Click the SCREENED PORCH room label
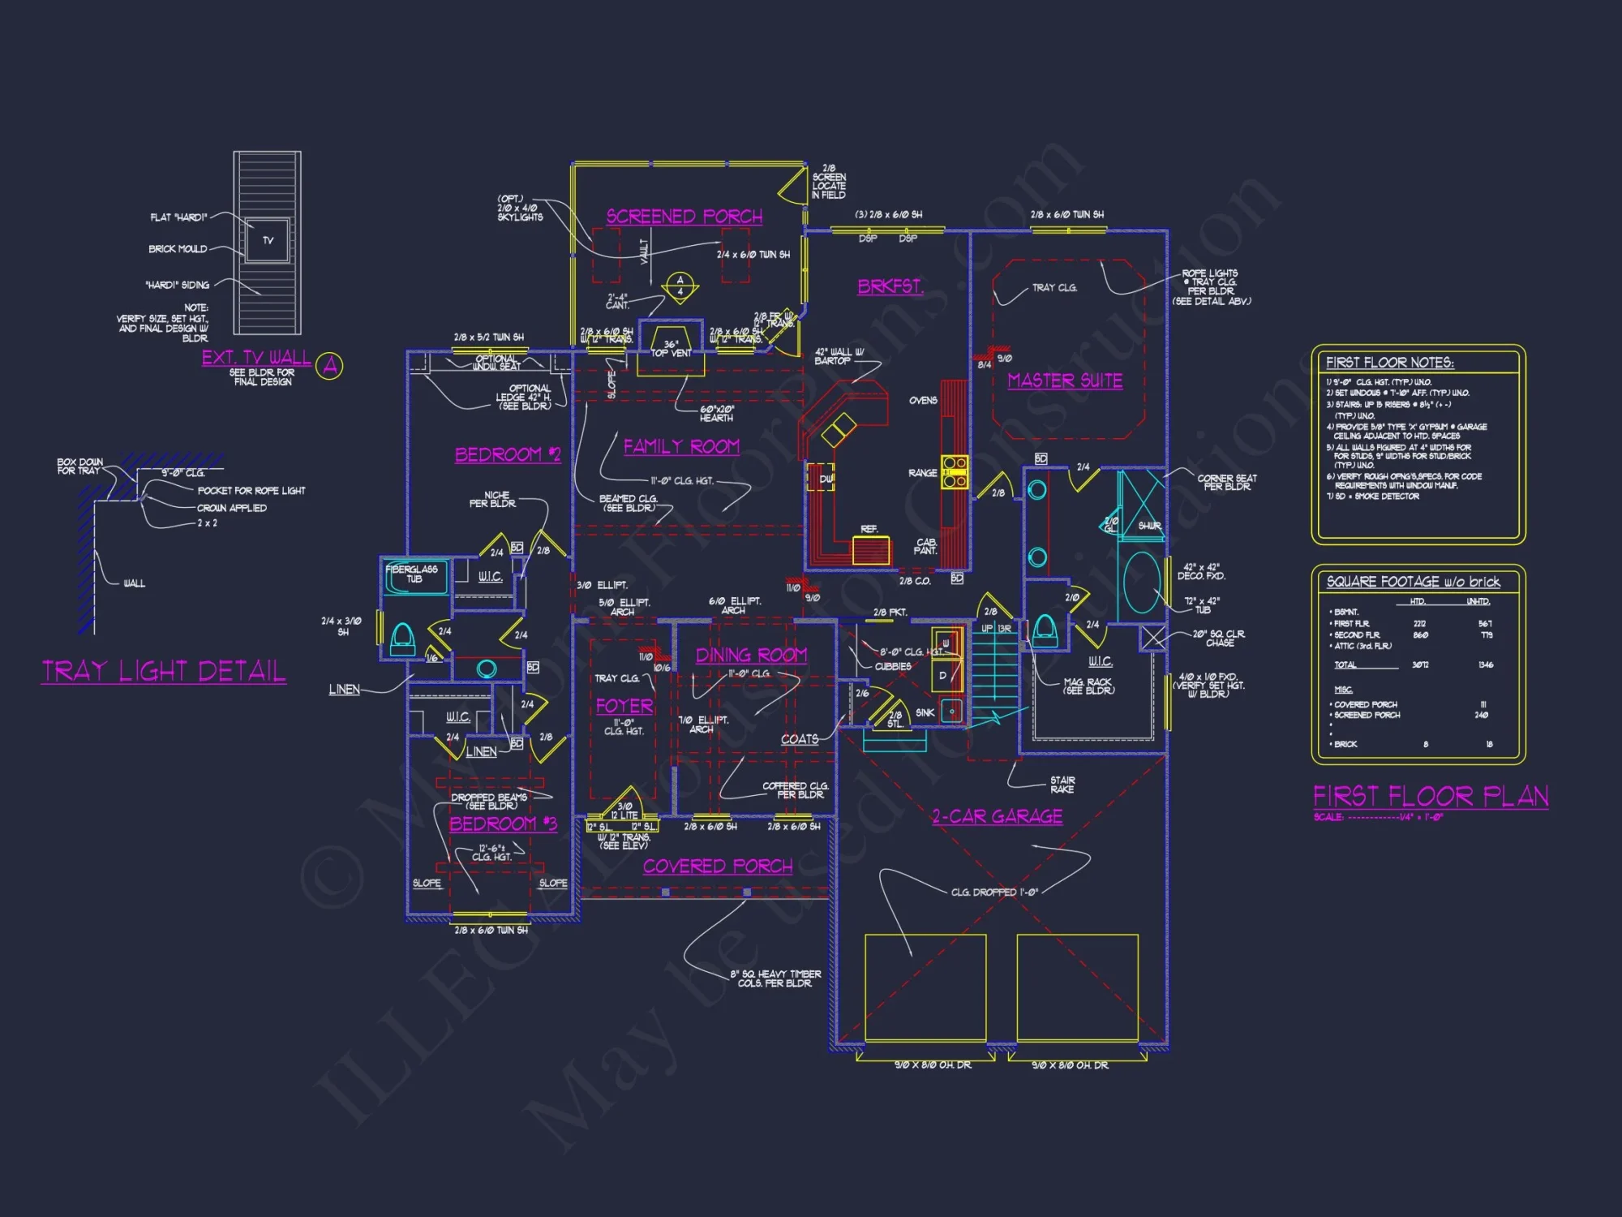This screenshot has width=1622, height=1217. point(684,217)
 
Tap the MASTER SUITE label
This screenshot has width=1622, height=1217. point(1065,381)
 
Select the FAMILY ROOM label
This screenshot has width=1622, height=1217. point(681,446)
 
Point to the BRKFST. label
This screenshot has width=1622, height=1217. point(890,286)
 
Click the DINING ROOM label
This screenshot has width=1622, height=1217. point(751,655)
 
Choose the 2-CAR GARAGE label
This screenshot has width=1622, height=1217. point(997,816)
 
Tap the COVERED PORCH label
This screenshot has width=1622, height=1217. point(718,867)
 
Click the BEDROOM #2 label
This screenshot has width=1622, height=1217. point(508,454)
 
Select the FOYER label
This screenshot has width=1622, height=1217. point(624,706)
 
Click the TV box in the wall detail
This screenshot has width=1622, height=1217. point(268,240)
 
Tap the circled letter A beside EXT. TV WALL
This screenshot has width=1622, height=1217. point(330,366)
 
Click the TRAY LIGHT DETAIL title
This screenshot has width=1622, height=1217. point(164,672)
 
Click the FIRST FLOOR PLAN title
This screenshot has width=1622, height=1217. point(1431,796)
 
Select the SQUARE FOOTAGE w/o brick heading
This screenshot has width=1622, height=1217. point(1413,582)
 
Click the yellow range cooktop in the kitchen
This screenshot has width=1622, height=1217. point(955,472)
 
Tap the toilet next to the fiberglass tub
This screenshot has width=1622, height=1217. point(402,639)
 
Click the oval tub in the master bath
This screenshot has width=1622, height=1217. point(1142,582)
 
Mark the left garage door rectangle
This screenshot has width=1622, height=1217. point(925,987)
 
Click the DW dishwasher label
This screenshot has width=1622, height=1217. point(826,479)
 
